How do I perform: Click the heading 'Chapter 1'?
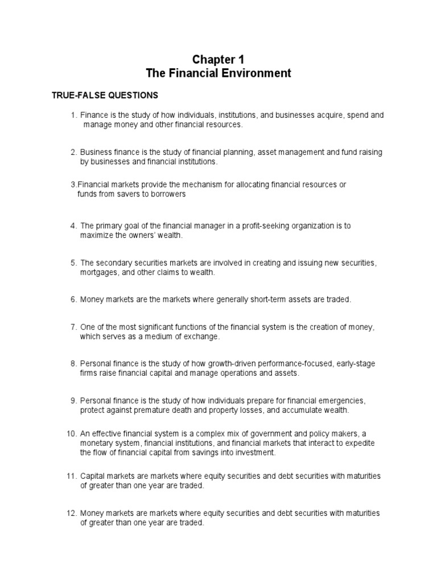(218, 59)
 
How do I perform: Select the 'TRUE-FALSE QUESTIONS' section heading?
(105, 95)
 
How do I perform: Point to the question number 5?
(73, 263)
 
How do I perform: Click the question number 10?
(71, 434)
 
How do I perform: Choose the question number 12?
(71, 513)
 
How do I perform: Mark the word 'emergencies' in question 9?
(345, 400)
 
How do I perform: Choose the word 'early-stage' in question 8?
(354, 363)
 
